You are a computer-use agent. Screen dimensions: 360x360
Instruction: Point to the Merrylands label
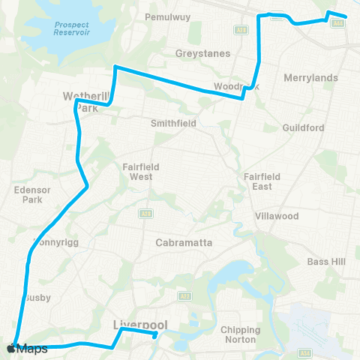click(x=311, y=77)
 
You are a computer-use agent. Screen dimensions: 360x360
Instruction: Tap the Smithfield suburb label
click(x=173, y=123)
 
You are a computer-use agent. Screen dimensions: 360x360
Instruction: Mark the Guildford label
click(x=304, y=127)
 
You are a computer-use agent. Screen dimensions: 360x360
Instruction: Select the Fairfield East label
click(x=262, y=181)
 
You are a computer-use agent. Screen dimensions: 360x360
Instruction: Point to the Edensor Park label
click(x=31, y=195)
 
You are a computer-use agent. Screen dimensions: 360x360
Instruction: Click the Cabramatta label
click(x=184, y=242)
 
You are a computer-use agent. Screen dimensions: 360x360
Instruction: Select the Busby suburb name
click(x=37, y=298)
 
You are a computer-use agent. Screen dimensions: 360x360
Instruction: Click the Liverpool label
click(x=139, y=325)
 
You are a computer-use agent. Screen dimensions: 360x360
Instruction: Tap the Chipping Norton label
click(x=241, y=334)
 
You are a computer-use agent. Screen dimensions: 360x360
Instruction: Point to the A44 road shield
click(x=337, y=23)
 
